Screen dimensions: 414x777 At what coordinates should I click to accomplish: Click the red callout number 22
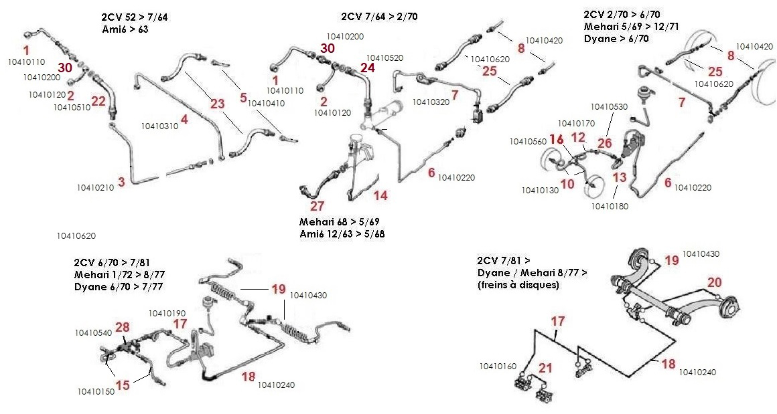point(98,101)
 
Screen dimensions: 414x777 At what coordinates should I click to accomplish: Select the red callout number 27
point(317,206)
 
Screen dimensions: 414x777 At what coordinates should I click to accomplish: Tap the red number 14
point(380,196)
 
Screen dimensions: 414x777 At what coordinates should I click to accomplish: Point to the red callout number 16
point(557,140)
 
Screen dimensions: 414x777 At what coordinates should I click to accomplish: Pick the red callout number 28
point(122,327)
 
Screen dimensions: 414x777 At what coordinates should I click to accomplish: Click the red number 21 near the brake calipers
point(546,369)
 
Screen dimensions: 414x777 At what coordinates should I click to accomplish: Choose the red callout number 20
point(715,283)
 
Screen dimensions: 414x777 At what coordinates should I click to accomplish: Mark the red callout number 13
point(620,177)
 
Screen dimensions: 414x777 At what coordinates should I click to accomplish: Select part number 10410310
point(159,126)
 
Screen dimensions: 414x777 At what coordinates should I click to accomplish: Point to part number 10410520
point(385,58)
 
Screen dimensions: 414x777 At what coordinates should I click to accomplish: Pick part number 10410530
point(609,107)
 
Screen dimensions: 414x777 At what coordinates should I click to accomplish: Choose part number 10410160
point(498,367)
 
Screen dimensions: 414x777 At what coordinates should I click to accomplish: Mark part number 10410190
point(167,313)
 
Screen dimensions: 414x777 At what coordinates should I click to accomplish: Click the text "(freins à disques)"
point(518,285)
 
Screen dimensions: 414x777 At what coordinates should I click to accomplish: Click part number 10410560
point(527,142)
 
